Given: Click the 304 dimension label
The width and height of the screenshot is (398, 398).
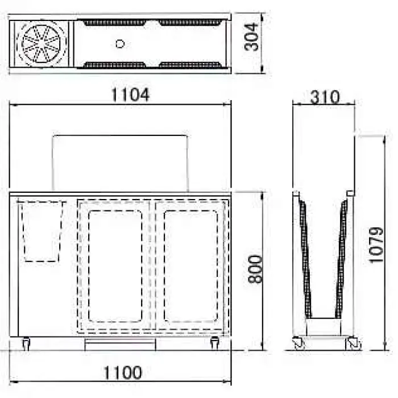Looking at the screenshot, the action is coord(251,38).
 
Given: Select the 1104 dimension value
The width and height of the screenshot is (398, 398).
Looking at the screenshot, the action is coord(130,95).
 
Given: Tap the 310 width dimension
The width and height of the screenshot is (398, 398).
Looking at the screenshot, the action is coord(325,97).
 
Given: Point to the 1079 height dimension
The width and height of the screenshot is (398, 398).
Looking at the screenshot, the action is coord(376,245).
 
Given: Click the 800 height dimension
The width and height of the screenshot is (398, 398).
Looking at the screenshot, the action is coord(255,270).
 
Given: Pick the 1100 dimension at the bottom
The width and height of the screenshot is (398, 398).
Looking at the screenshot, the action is coord(123,372).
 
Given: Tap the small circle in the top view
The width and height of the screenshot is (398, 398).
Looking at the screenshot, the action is coord(120,44).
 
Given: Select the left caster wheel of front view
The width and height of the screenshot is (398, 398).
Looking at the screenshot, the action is coord(26,344).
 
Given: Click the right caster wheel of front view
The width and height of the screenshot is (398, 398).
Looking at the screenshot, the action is coord(215,343).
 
